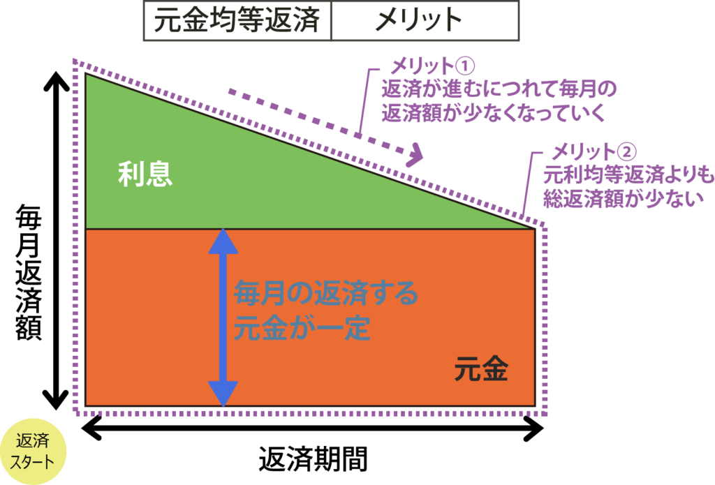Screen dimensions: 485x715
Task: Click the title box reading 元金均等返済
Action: click(237, 21)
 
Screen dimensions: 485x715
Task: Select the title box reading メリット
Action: click(425, 21)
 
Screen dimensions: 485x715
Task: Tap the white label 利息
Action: click(145, 174)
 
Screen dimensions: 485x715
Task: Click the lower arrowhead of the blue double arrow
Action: click(223, 393)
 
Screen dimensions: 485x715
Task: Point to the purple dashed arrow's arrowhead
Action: click(416, 154)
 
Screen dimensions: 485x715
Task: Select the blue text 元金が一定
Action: click(301, 328)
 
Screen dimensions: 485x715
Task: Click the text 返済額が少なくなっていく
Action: click(492, 113)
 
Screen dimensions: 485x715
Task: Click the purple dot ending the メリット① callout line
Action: click(357, 135)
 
